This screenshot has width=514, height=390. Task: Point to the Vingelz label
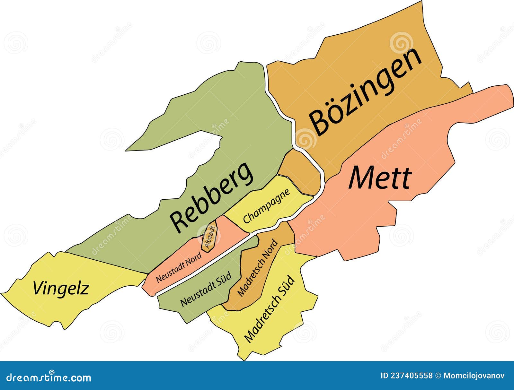click(x=61, y=288)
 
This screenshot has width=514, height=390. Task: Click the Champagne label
click(x=266, y=206)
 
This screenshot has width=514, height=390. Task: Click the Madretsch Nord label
click(x=257, y=268)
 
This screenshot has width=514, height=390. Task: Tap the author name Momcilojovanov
click(x=474, y=376)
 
